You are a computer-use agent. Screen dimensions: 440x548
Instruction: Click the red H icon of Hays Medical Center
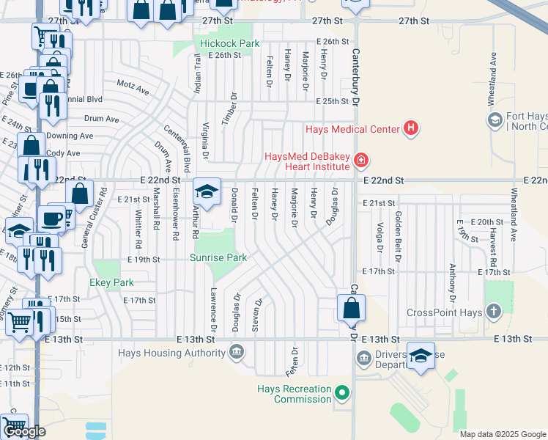[411, 129]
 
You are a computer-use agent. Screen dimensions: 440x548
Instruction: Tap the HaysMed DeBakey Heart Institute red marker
[360, 159]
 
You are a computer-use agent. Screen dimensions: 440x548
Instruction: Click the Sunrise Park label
[218, 257]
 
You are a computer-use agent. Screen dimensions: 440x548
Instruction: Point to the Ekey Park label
[112, 282]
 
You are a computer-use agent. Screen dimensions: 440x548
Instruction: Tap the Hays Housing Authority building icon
[237, 353]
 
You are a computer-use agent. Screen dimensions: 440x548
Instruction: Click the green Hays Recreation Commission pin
[341, 393]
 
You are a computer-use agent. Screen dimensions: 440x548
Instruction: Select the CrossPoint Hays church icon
[495, 312]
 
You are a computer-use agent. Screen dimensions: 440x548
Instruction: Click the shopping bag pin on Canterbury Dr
[352, 307]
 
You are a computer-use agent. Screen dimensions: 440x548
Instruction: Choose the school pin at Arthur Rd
[207, 192]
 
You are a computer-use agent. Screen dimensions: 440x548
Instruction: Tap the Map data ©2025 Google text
[502, 434]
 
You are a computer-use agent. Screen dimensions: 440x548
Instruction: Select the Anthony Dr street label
[452, 282]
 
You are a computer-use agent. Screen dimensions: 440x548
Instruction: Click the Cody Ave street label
[63, 153]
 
